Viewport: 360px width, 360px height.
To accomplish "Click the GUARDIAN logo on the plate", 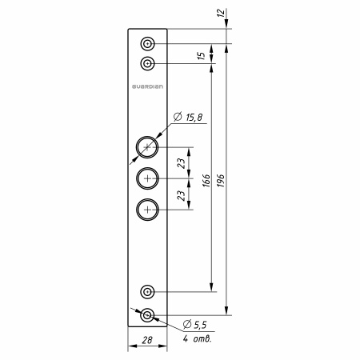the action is [x=147, y=86].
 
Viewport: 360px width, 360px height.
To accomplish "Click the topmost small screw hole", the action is [x=147, y=43].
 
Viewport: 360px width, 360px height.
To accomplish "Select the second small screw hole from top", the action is [x=147, y=64].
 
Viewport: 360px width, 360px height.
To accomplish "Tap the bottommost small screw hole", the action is [x=147, y=315].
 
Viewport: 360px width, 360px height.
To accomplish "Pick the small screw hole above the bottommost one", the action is [x=147, y=291].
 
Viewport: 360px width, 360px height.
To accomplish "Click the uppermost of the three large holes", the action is [x=147, y=147].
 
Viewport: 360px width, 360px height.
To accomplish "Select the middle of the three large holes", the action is [x=147, y=178].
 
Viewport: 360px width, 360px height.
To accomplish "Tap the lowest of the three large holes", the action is [x=147, y=210].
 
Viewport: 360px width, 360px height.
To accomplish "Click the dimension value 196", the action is [x=221, y=181].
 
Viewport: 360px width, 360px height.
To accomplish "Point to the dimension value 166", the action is [x=206, y=181].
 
